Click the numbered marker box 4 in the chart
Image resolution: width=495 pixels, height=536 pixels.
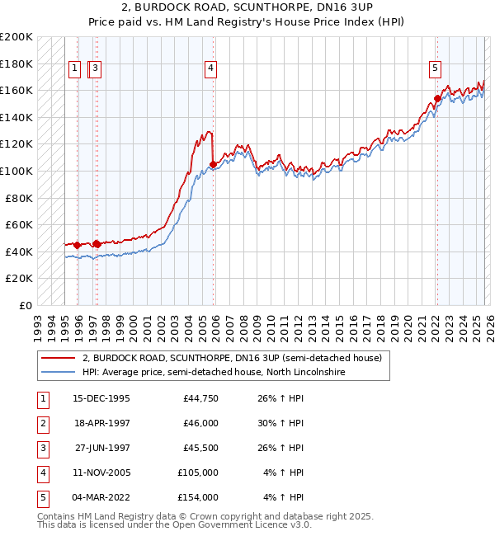click(212, 68)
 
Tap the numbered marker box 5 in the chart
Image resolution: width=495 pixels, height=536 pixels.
click(435, 68)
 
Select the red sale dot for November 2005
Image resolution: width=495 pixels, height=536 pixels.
click(214, 164)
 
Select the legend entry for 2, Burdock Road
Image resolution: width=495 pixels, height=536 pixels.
click(231, 359)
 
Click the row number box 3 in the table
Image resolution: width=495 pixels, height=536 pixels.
click(41, 448)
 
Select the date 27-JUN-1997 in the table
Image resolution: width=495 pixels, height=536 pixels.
click(102, 448)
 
